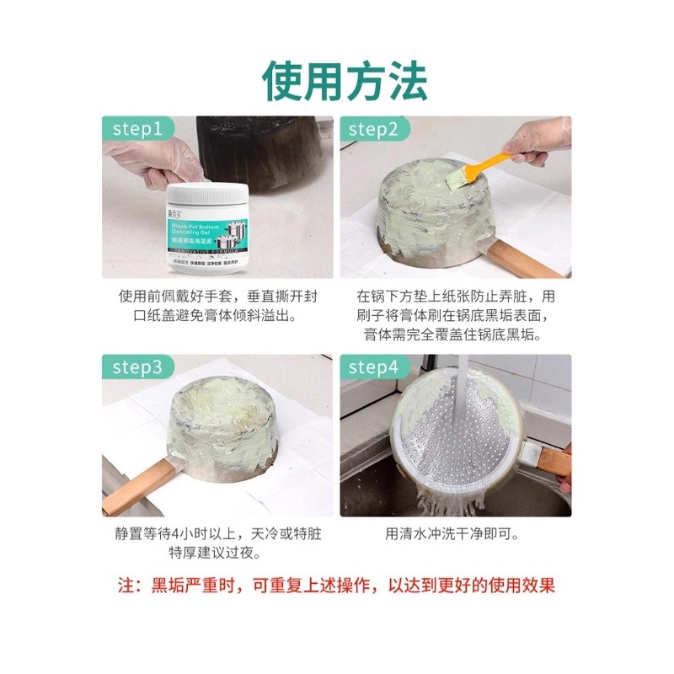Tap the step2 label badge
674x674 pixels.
point(374,129)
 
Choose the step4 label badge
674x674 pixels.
point(374,367)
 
